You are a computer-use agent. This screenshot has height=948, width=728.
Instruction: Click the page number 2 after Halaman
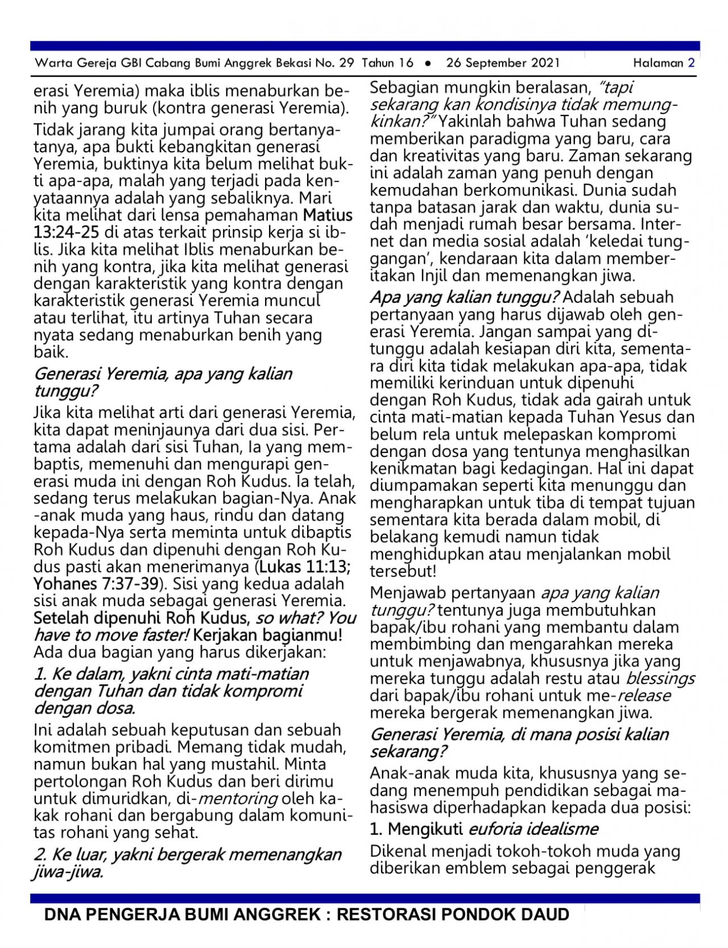[x=691, y=63]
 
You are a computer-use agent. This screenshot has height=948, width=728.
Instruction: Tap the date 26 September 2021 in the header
[x=503, y=63]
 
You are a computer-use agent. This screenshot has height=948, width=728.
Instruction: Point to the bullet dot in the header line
[x=427, y=63]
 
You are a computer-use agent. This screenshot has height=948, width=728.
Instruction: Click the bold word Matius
[x=328, y=215]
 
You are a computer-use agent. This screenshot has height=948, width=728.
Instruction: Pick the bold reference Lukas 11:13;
[x=305, y=567]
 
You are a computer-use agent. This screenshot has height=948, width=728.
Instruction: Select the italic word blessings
[x=660, y=679]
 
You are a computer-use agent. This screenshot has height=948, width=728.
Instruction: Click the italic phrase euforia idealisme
[x=533, y=829]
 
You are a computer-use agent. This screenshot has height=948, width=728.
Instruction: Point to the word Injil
[x=436, y=277]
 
